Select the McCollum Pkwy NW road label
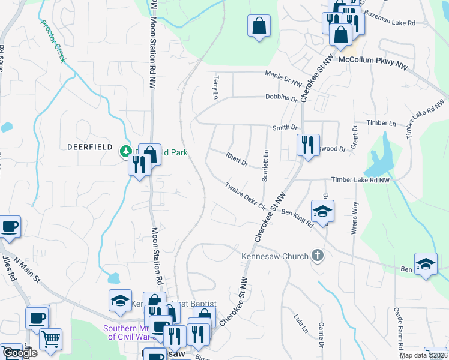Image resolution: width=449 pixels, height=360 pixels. point(373,61)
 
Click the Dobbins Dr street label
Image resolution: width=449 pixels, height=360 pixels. point(282,97)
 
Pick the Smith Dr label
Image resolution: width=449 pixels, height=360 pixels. point(285,127)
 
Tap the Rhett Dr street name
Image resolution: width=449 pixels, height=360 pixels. point(237,160)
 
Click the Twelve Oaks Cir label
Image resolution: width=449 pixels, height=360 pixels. point(246,195)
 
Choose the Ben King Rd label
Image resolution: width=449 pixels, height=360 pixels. point(298,217)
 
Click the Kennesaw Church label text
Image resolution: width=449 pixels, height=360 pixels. point(274,256)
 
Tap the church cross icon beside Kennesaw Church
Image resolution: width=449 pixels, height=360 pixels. point(318,256)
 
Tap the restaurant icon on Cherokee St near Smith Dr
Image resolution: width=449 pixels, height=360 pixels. point(308,145)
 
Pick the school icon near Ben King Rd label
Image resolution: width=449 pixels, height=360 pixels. point(322,211)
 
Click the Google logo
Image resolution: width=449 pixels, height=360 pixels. point(19,353)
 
